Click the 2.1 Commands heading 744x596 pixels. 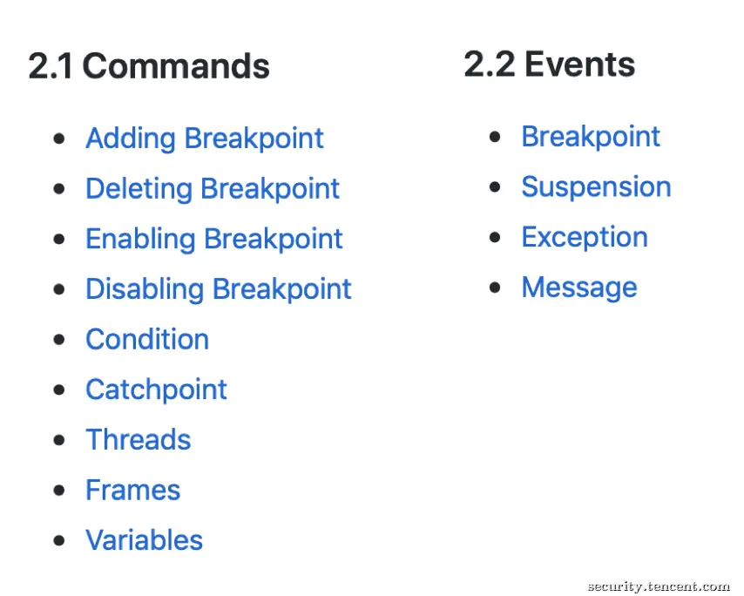point(149,65)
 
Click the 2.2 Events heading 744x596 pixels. point(549,64)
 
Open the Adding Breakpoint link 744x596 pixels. point(205,139)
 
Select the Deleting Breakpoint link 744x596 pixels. point(213,189)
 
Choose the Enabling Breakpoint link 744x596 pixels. point(214,239)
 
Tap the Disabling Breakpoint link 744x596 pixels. point(219,289)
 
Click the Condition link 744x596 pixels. point(147,339)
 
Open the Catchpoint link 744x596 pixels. point(156,390)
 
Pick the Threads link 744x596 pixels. point(138,439)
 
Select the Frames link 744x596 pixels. point(132,490)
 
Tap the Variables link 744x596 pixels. point(145,540)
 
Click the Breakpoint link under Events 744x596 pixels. point(591,137)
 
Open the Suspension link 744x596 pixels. point(597,187)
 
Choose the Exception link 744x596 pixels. point(585,237)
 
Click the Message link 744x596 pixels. point(579,288)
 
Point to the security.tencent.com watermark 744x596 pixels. point(659,586)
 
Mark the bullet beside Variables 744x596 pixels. point(59,540)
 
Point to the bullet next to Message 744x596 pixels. point(495,288)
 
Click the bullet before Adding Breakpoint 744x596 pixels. point(59,139)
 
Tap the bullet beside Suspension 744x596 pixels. point(495,187)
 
